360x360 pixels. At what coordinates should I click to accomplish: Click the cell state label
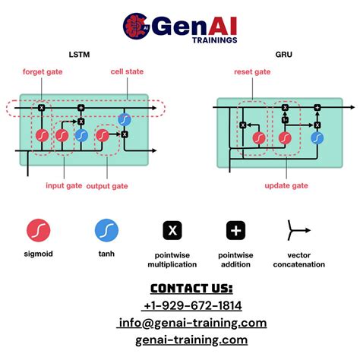(127, 72)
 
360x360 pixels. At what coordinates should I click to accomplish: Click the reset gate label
(252, 72)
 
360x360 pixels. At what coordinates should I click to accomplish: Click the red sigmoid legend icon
(37, 231)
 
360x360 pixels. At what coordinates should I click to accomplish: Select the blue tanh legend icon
(106, 231)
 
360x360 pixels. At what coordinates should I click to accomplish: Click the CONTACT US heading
(191, 288)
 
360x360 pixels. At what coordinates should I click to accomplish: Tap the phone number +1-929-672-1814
(191, 305)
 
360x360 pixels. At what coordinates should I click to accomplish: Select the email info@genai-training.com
(191, 323)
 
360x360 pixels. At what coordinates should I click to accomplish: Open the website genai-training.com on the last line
(191, 339)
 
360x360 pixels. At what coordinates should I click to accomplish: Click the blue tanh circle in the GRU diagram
(317, 138)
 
